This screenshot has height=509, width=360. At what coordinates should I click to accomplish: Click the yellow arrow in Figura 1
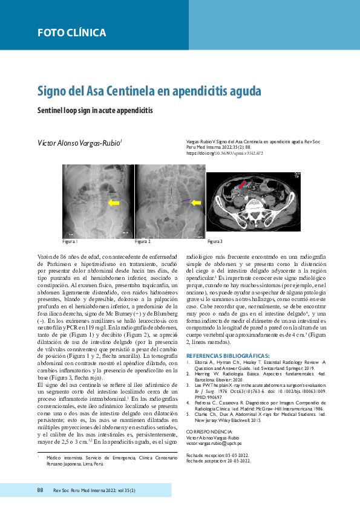[113, 203]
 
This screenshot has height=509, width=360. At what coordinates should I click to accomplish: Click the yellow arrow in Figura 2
[195, 203]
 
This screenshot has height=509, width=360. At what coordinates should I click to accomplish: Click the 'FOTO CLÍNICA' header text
[71, 33]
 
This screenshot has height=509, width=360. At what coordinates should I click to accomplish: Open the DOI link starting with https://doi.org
[224, 154]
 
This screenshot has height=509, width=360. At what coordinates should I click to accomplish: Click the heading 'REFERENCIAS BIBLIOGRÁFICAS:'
[228, 355]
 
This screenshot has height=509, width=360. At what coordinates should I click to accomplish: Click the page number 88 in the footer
[40, 490]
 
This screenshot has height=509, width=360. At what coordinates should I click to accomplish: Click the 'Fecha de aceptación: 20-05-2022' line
[218, 443]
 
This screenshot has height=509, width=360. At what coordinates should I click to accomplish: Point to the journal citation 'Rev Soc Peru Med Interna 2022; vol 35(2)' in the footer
[94, 490]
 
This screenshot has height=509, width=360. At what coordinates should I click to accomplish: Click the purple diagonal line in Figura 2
[186, 200]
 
